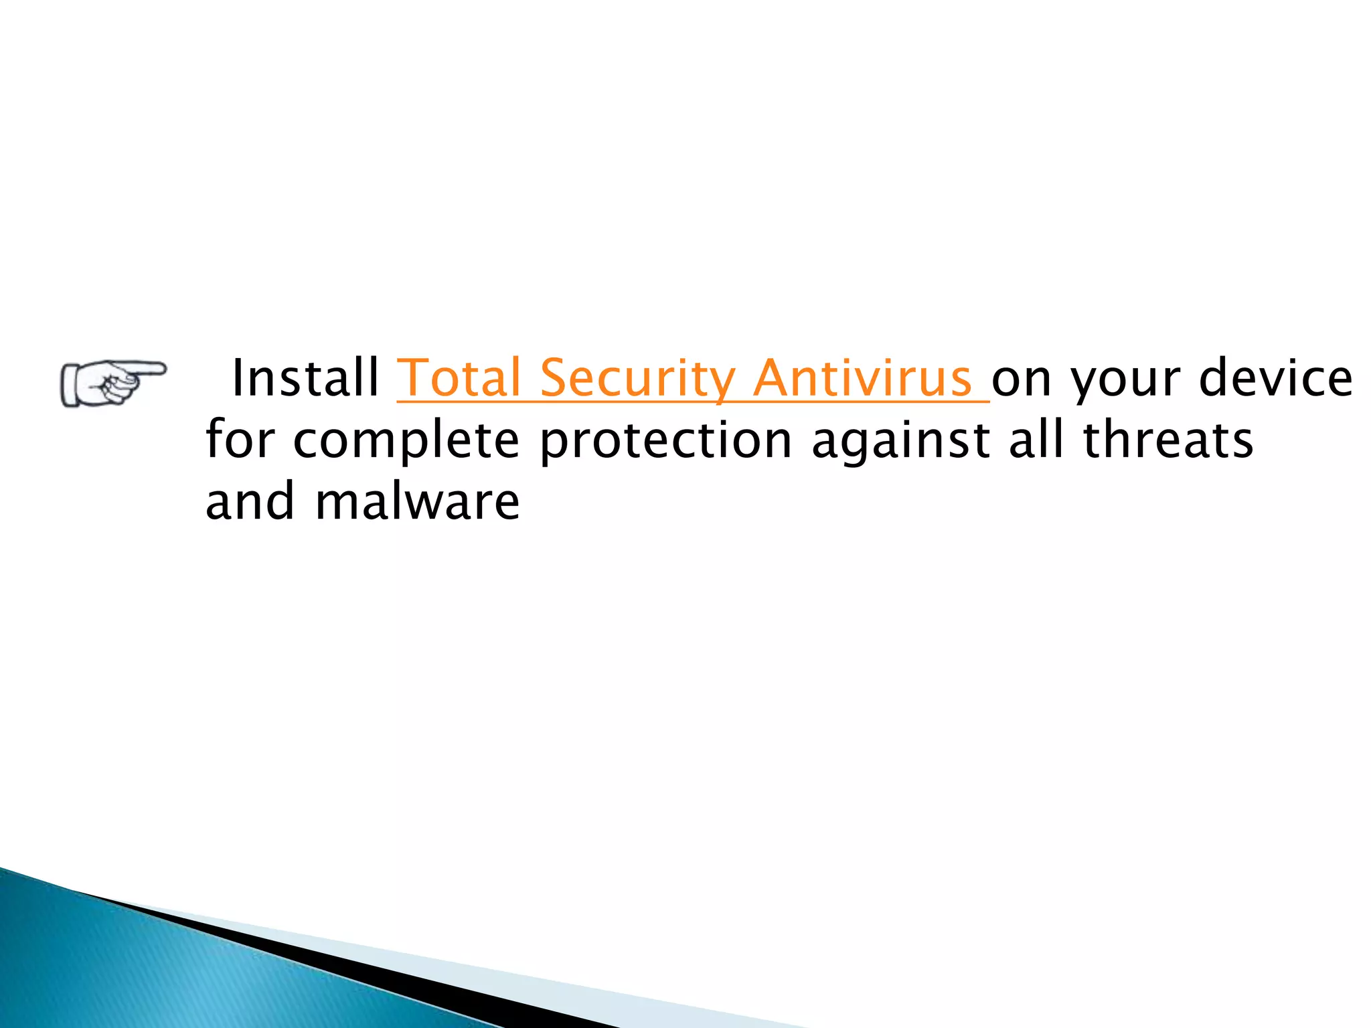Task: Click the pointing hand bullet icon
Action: click(112, 383)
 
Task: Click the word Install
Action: click(305, 379)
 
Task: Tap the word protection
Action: click(666, 442)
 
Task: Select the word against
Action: click(900, 442)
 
